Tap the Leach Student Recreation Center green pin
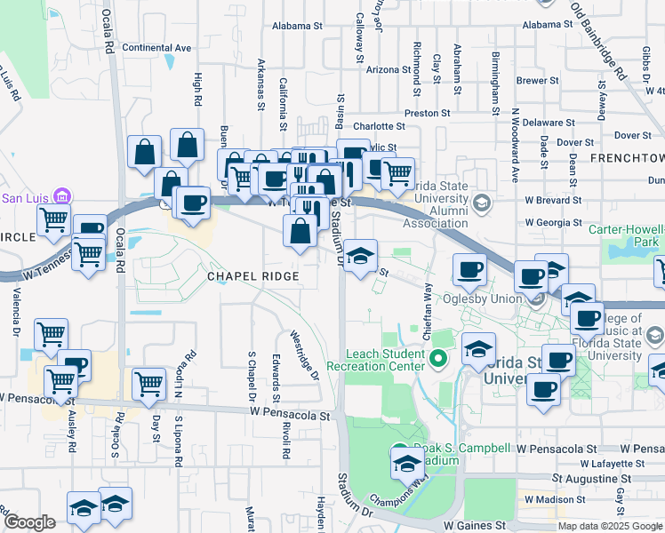[x=437, y=359]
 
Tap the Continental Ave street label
[x=157, y=48]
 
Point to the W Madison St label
[x=554, y=499]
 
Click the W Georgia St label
[x=553, y=223]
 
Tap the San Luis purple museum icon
[x=61, y=196]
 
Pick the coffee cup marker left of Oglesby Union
[x=469, y=268]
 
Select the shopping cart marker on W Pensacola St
[x=148, y=385]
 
